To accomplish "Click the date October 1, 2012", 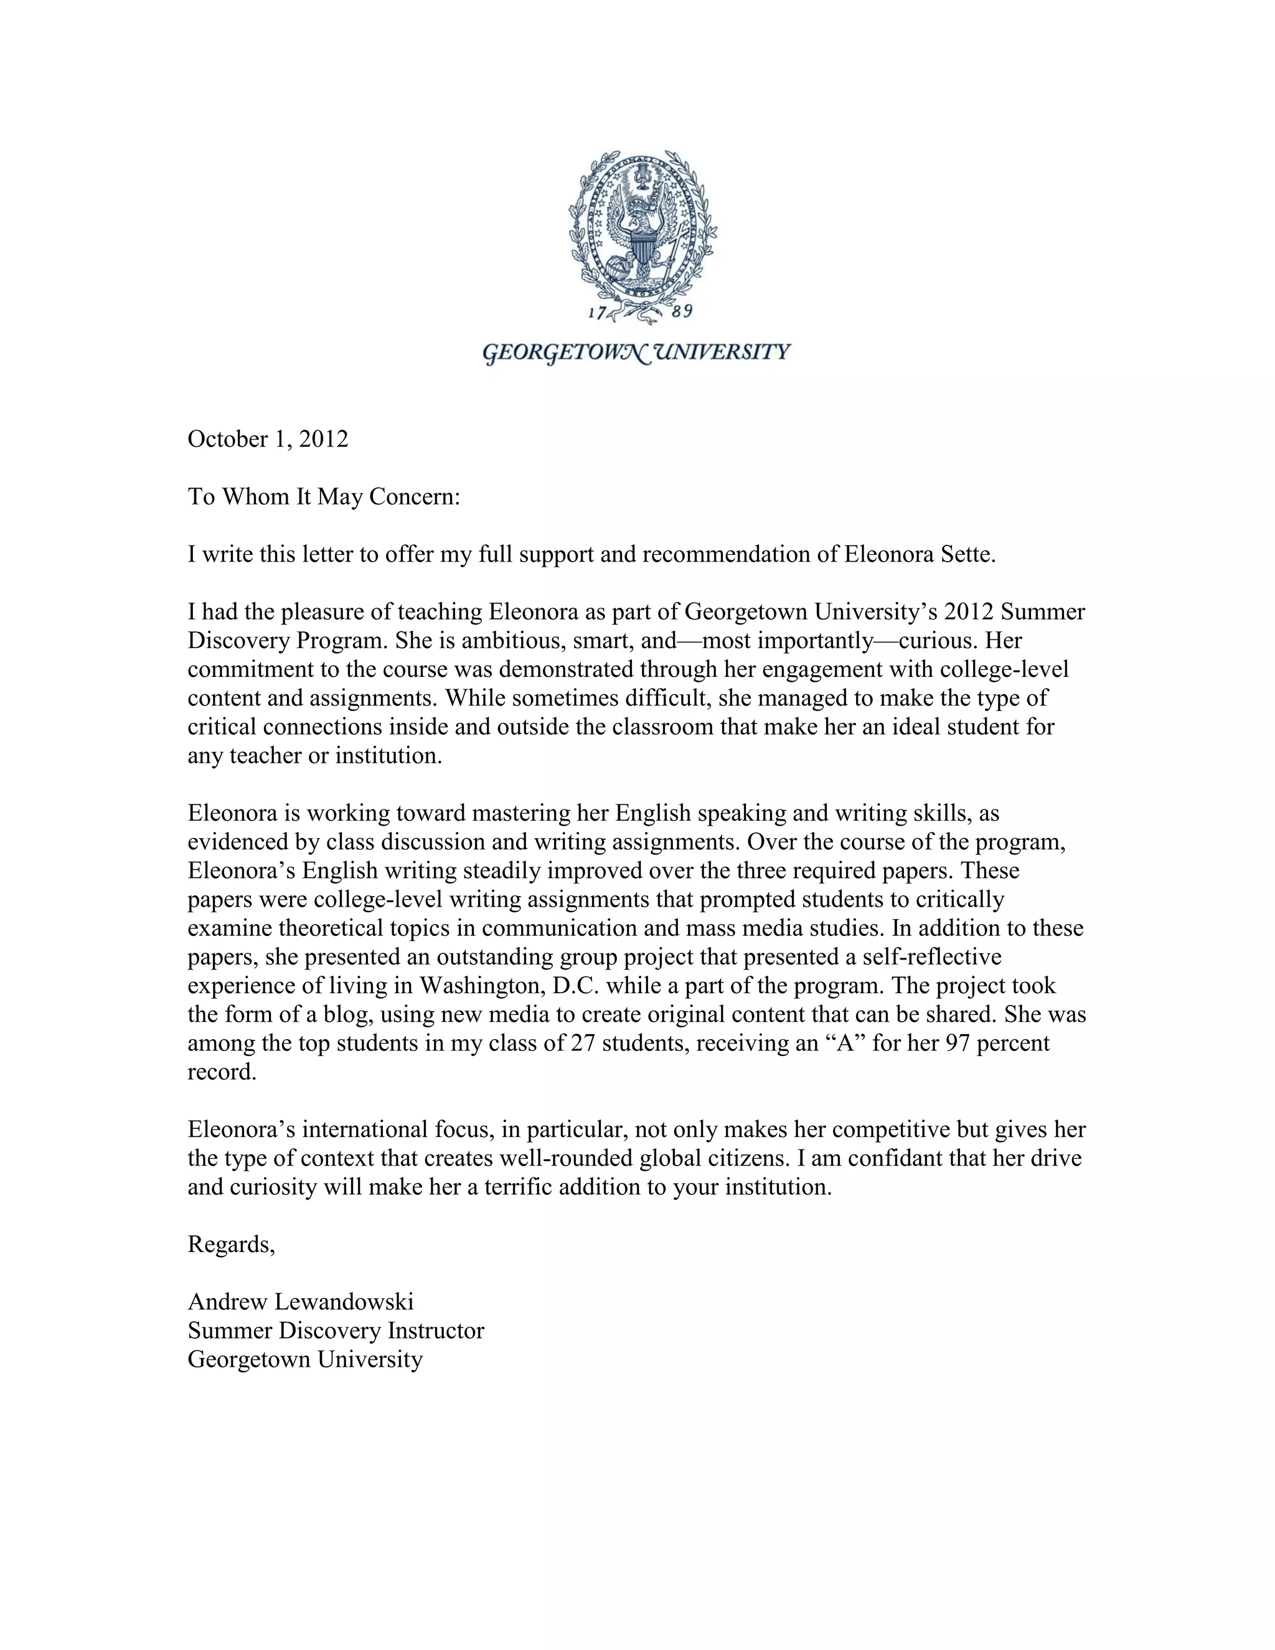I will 268,439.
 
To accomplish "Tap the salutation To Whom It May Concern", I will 323,496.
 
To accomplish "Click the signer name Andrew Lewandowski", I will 301,1302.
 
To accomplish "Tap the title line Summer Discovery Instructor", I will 336,1331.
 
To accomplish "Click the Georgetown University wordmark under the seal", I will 636,353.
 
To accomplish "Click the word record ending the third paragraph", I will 222,1072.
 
